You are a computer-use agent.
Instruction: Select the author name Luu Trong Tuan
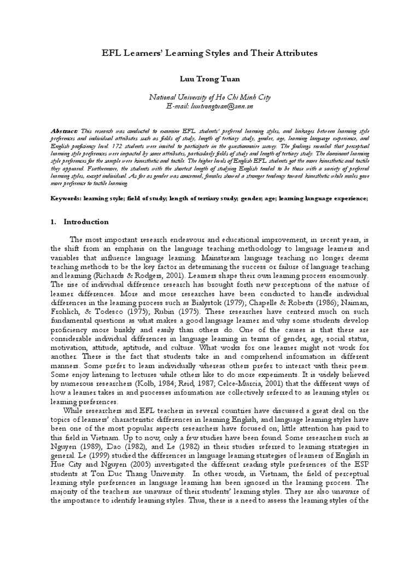click(x=209, y=79)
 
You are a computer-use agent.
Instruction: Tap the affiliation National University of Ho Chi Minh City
click(x=209, y=97)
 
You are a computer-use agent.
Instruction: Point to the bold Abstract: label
click(x=64, y=132)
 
